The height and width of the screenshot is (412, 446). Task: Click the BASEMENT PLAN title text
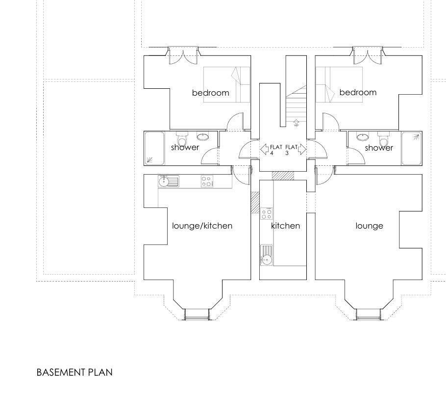point(74,372)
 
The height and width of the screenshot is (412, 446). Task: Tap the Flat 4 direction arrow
point(265,149)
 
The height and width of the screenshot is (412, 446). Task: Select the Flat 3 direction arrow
point(302,149)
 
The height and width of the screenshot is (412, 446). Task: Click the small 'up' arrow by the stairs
point(296,122)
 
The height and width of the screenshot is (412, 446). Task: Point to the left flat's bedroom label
point(210,93)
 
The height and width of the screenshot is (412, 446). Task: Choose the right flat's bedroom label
point(358,92)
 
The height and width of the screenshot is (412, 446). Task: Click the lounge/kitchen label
point(202,226)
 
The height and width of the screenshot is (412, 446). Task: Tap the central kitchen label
point(285,226)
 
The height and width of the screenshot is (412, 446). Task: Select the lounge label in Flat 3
point(369,226)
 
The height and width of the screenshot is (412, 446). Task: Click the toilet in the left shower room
point(182,138)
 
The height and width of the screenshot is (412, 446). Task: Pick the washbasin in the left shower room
point(202,137)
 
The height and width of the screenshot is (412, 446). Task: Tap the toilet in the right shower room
point(384,138)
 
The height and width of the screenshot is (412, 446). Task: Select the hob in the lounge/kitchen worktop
point(207,181)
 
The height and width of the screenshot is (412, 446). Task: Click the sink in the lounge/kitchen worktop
point(169,181)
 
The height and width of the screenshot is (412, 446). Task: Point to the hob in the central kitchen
point(267,213)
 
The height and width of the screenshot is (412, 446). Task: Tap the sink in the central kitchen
point(266,256)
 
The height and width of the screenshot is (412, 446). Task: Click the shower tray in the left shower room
point(154,148)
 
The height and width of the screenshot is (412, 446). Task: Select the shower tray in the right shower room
point(412,148)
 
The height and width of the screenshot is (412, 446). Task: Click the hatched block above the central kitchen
point(283,176)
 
